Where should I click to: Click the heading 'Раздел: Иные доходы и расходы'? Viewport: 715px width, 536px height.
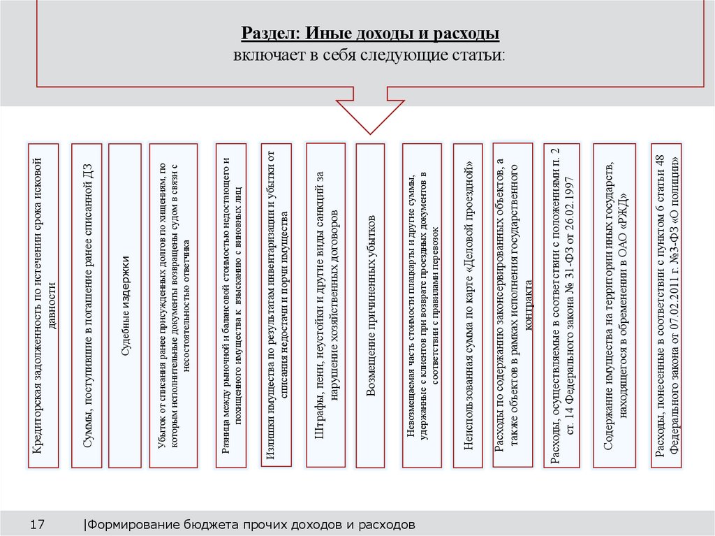click(370, 34)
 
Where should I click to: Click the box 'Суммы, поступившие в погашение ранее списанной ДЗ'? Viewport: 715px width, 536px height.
click(87, 305)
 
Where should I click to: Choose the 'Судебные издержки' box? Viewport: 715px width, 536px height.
click(126, 305)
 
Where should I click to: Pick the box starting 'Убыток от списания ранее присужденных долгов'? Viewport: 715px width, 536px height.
click(170, 305)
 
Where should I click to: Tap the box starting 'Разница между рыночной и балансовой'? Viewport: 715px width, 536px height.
click(231, 305)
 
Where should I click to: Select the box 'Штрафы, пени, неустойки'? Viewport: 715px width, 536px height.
click(326, 305)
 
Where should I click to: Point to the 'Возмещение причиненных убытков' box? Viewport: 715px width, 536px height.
click(371, 305)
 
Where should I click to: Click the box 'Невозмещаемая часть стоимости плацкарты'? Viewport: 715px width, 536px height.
click(422, 305)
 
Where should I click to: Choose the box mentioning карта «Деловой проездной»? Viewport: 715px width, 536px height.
click(469, 305)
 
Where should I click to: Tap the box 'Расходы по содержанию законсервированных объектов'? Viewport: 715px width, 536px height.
click(513, 305)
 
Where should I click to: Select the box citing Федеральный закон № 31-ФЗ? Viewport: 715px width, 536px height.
click(561, 305)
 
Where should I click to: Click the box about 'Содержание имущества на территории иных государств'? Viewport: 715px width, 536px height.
click(614, 305)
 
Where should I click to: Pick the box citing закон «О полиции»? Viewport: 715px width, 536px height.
click(666, 305)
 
